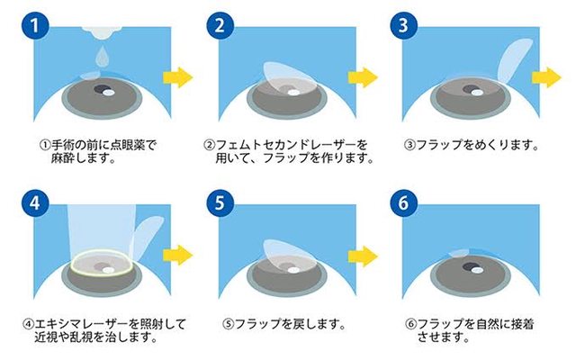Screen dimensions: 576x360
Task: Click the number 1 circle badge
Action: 35,25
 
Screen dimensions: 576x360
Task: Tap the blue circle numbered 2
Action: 220,25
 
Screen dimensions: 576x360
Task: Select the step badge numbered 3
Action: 403,25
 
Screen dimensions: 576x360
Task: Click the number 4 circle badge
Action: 35,202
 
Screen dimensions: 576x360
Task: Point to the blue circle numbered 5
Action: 220,202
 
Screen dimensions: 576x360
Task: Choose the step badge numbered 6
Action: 403,202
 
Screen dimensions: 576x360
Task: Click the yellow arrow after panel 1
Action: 178,77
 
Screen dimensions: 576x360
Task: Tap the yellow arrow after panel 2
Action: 363,77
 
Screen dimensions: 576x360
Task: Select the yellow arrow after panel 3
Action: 546,77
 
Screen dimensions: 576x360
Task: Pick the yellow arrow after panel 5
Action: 363,256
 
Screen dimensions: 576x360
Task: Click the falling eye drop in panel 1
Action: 102,57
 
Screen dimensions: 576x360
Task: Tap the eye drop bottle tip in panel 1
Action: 102,32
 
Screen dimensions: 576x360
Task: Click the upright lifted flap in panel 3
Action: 515,59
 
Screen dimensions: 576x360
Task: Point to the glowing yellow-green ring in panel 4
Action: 103,262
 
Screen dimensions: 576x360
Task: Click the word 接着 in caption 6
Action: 522,324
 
